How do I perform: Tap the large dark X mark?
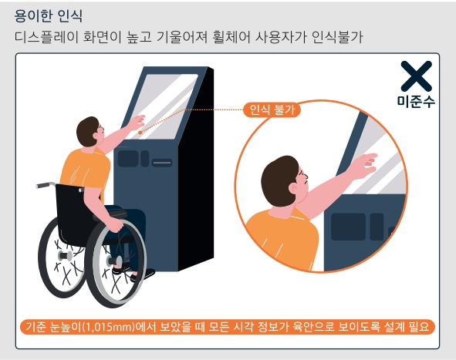[416, 77]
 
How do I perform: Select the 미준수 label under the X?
[416, 102]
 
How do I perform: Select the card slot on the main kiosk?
[161, 163]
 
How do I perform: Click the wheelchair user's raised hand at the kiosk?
[137, 121]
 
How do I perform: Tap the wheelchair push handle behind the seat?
[46, 185]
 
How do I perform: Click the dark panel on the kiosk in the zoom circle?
[347, 227]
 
